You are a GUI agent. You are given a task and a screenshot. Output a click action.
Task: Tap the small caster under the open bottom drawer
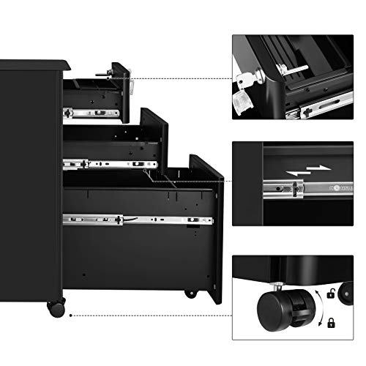[190, 293]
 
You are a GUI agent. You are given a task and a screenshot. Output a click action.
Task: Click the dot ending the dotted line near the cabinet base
[70, 316]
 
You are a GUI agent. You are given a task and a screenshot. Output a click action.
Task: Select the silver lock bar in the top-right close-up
[293, 69]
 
